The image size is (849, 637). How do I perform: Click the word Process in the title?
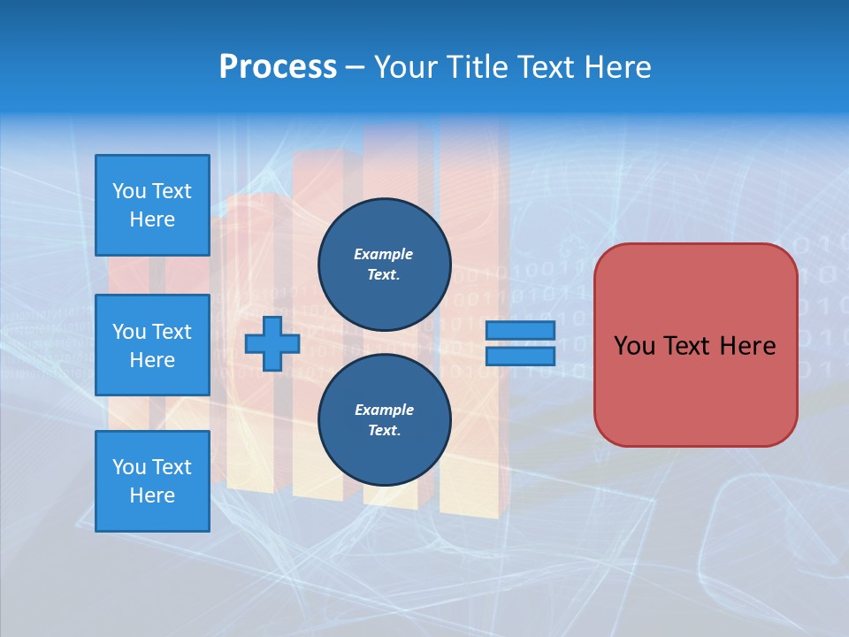click(278, 67)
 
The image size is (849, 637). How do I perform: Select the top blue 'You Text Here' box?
click(152, 205)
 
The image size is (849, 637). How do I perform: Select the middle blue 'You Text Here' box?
click(152, 345)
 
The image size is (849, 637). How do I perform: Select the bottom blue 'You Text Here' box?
click(152, 480)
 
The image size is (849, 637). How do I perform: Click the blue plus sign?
click(272, 343)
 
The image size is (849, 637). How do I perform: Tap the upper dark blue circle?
click(384, 264)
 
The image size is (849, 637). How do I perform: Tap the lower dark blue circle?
click(384, 419)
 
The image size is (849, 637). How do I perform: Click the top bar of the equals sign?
click(520, 331)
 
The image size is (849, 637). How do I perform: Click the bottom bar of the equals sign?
click(520, 357)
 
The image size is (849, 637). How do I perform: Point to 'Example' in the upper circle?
click(384, 254)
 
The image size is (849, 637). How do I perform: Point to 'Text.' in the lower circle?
click(384, 431)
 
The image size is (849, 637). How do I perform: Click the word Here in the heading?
click(616, 67)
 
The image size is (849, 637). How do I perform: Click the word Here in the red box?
click(748, 346)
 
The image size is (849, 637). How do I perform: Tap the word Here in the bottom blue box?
click(152, 495)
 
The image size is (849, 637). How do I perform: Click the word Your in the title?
click(406, 67)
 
